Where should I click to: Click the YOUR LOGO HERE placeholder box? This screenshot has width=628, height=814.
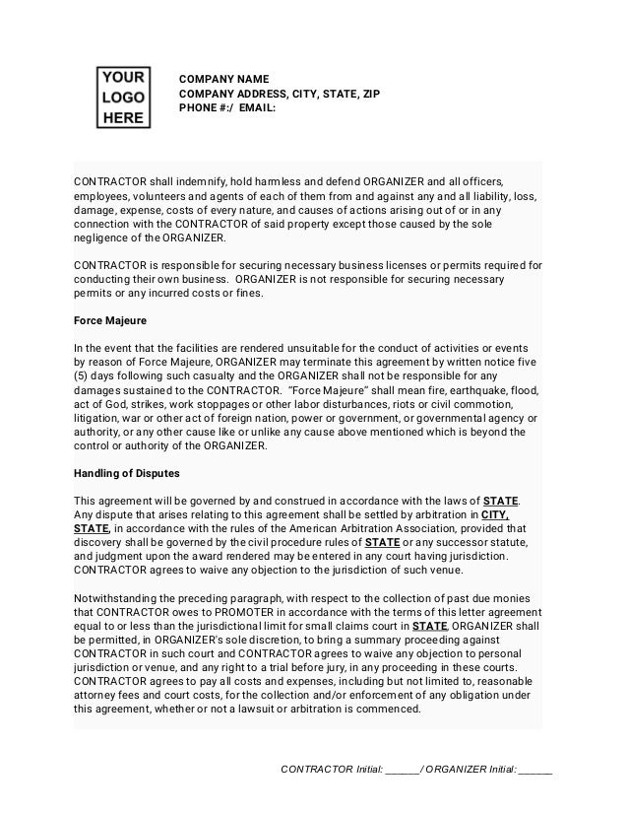123,98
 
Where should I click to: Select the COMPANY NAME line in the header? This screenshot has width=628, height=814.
222,79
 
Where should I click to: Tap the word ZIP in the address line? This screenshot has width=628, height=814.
368,95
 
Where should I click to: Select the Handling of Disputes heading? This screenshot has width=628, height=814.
127,472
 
